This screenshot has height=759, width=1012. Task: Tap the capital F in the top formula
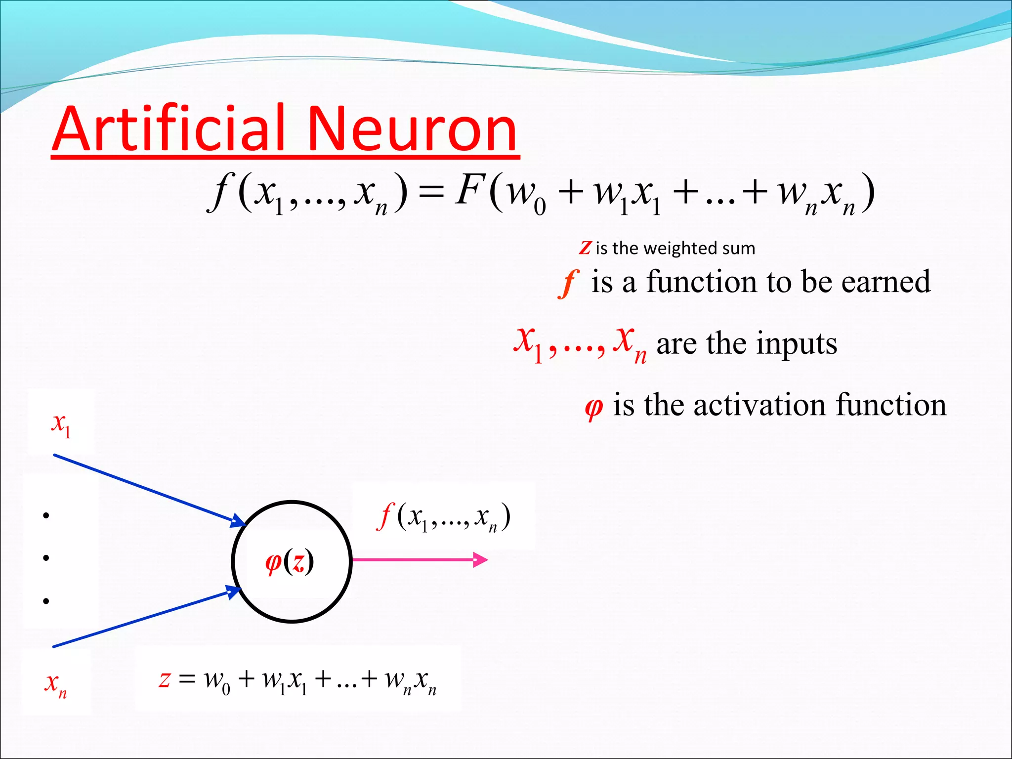469,190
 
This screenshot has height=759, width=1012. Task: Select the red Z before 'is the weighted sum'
586,248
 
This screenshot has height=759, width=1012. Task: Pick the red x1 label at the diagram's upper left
61,425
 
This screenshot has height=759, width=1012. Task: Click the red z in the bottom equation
165,679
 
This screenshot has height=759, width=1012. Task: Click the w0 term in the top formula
526,195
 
